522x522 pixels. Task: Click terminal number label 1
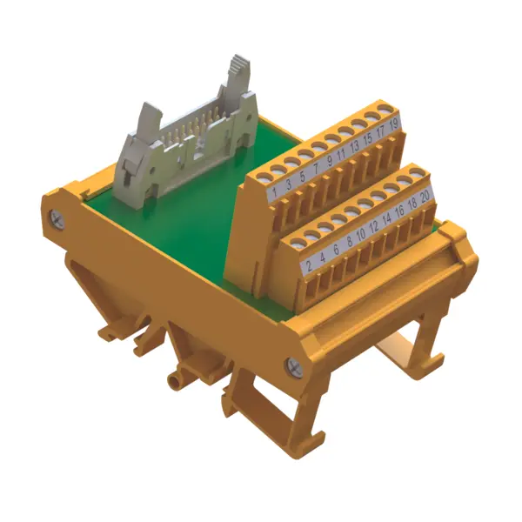pos(275,191)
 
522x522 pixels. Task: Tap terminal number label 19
pos(393,124)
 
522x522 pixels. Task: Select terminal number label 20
pos(425,197)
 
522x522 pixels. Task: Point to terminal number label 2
pos(309,265)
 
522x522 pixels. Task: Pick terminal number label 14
pos(386,220)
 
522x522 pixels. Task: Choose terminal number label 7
pos(317,169)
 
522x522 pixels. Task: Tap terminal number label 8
pos(349,242)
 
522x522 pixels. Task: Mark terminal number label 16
pos(399,212)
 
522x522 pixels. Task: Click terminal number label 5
pos(302,176)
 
